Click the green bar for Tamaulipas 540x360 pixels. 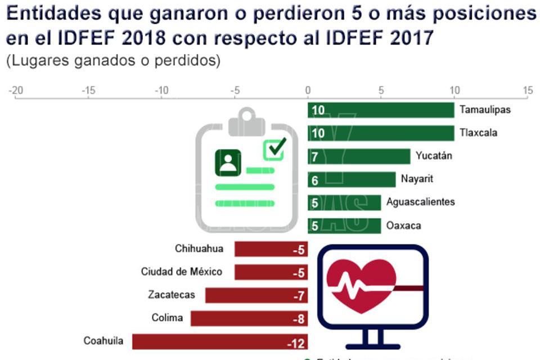tap(381, 110)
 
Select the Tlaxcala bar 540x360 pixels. tap(381, 133)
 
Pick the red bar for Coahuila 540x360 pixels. tap(220, 341)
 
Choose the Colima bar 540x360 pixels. tap(249, 318)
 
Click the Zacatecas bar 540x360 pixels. tap(256, 295)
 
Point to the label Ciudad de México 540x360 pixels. tap(181, 272)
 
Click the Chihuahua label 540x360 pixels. tap(199, 249)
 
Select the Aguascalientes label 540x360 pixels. tap(420, 202)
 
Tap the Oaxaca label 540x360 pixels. tap(403, 226)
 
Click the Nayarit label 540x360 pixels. tap(417, 179)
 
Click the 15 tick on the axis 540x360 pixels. tap(527, 91)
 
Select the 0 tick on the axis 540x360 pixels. tap(308, 91)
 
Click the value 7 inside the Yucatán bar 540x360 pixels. tap(315, 157)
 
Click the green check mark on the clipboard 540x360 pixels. tap(275, 147)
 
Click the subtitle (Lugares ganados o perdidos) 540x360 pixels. tap(112, 61)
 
